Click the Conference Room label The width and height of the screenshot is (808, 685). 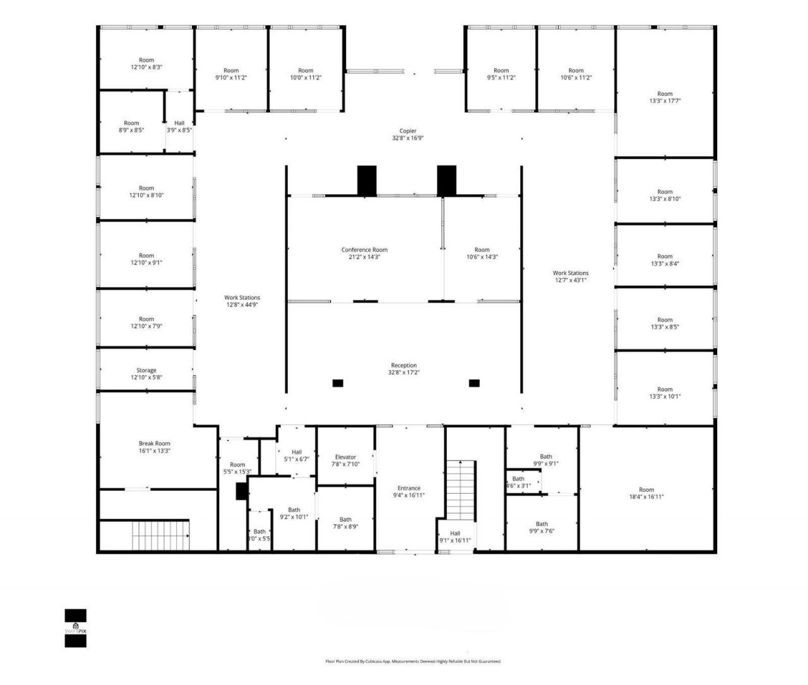click(x=364, y=250)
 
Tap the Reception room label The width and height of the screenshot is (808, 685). click(x=404, y=366)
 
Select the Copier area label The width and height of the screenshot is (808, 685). click(x=408, y=131)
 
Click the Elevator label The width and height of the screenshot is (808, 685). click(x=345, y=457)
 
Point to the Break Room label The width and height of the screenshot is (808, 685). click(x=155, y=443)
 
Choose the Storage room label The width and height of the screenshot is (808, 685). click(x=146, y=370)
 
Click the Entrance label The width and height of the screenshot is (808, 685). click(x=409, y=488)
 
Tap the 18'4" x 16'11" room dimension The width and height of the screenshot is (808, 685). click(x=646, y=497)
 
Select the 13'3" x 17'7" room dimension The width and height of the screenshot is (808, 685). click(x=665, y=101)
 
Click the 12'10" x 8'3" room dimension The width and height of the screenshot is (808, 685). click(x=146, y=67)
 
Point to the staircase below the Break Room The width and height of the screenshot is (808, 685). click(x=160, y=535)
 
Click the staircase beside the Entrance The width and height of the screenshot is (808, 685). click(x=461, y=489)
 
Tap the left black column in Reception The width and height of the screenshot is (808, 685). click(x=338, y=383)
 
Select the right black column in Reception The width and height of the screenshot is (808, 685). click(x=474, y=383)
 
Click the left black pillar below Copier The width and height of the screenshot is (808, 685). click(x=367, y=180)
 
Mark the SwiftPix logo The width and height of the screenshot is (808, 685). click(x=76, y=628)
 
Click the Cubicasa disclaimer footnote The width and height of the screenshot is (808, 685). click(x=413, y=662)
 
